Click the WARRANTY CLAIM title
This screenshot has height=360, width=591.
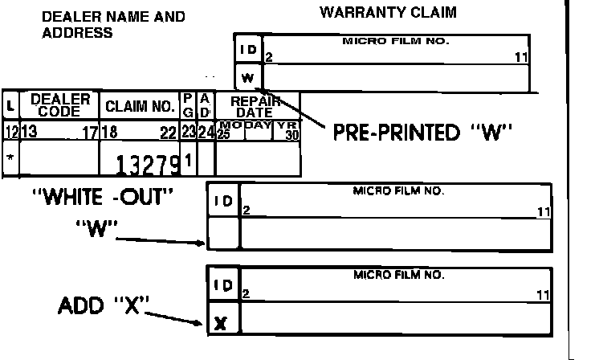(388, 12)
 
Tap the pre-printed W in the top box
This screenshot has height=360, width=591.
(248, 78)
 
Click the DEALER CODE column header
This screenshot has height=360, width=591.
(59, 105)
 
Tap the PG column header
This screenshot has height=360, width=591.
(188, 105)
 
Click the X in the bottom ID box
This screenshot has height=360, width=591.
(222, 324)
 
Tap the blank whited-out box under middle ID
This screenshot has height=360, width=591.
(223, 234)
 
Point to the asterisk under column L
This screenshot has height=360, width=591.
(10, 157)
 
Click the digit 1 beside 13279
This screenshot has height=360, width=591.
(187, 160)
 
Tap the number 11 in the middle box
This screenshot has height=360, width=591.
(544, 212)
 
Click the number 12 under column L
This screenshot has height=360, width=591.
(10, 131)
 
